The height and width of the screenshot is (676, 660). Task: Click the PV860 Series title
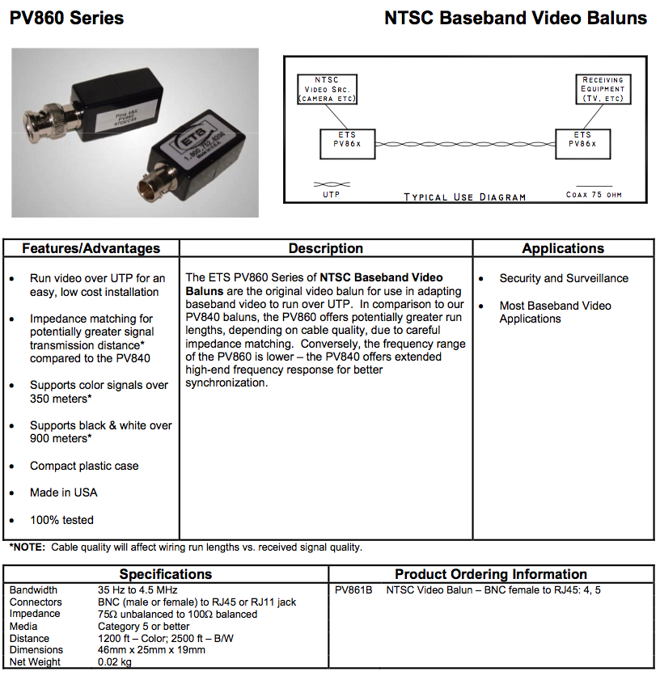pos(66,18)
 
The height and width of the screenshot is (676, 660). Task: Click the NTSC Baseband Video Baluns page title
pos(515,18)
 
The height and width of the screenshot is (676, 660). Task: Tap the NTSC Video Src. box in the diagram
pos(327,90)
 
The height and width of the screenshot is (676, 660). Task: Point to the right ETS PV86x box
pos(582,143)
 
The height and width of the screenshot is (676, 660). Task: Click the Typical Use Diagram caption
pos(464,196)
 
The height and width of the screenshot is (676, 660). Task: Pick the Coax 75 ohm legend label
pos(594,195)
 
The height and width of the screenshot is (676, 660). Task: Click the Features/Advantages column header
pos(91,248)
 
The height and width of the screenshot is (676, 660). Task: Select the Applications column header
pos(563,248)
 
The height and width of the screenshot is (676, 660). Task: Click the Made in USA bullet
pos(63,492)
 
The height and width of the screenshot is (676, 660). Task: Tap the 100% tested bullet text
pos(61,520)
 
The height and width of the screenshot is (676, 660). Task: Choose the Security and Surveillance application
pos(563,278)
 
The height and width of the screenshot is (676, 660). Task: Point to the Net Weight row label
pos(35,661)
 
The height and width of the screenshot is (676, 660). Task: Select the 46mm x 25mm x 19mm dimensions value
pos(151,649)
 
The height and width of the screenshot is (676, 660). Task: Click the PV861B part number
pos(353,590)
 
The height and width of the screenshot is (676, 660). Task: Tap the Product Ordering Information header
pos(490,574)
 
